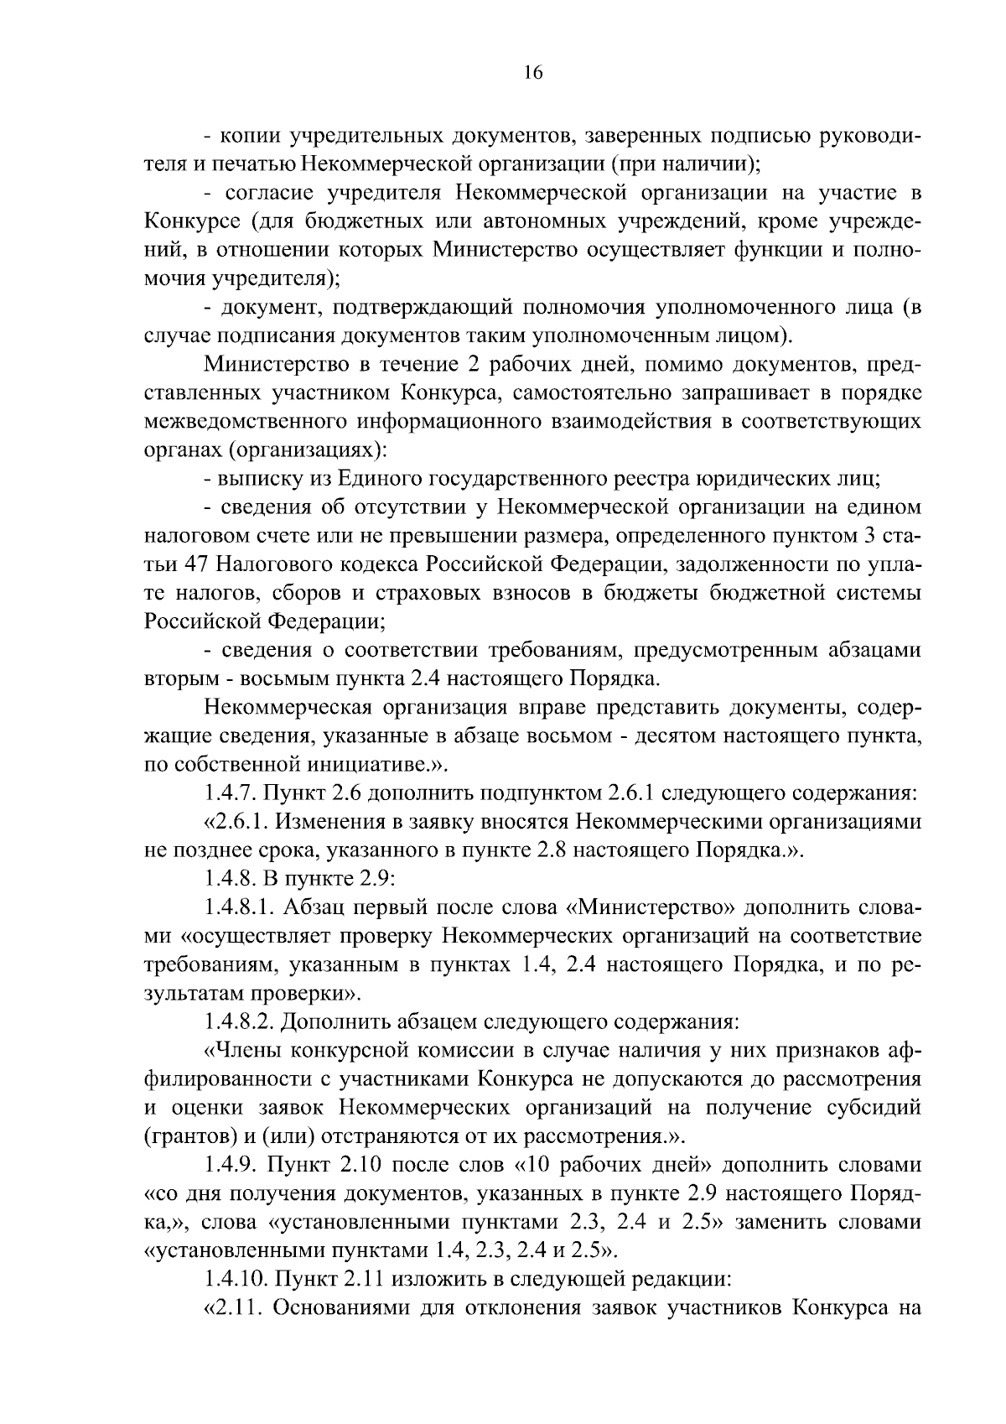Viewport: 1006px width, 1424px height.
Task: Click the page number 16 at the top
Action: click(533, 73)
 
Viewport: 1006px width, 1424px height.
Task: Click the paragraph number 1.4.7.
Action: click(232, 793)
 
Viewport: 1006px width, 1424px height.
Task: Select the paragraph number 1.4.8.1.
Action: click(240, 907)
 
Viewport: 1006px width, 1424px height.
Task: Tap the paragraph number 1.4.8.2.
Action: click(240, 1022)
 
